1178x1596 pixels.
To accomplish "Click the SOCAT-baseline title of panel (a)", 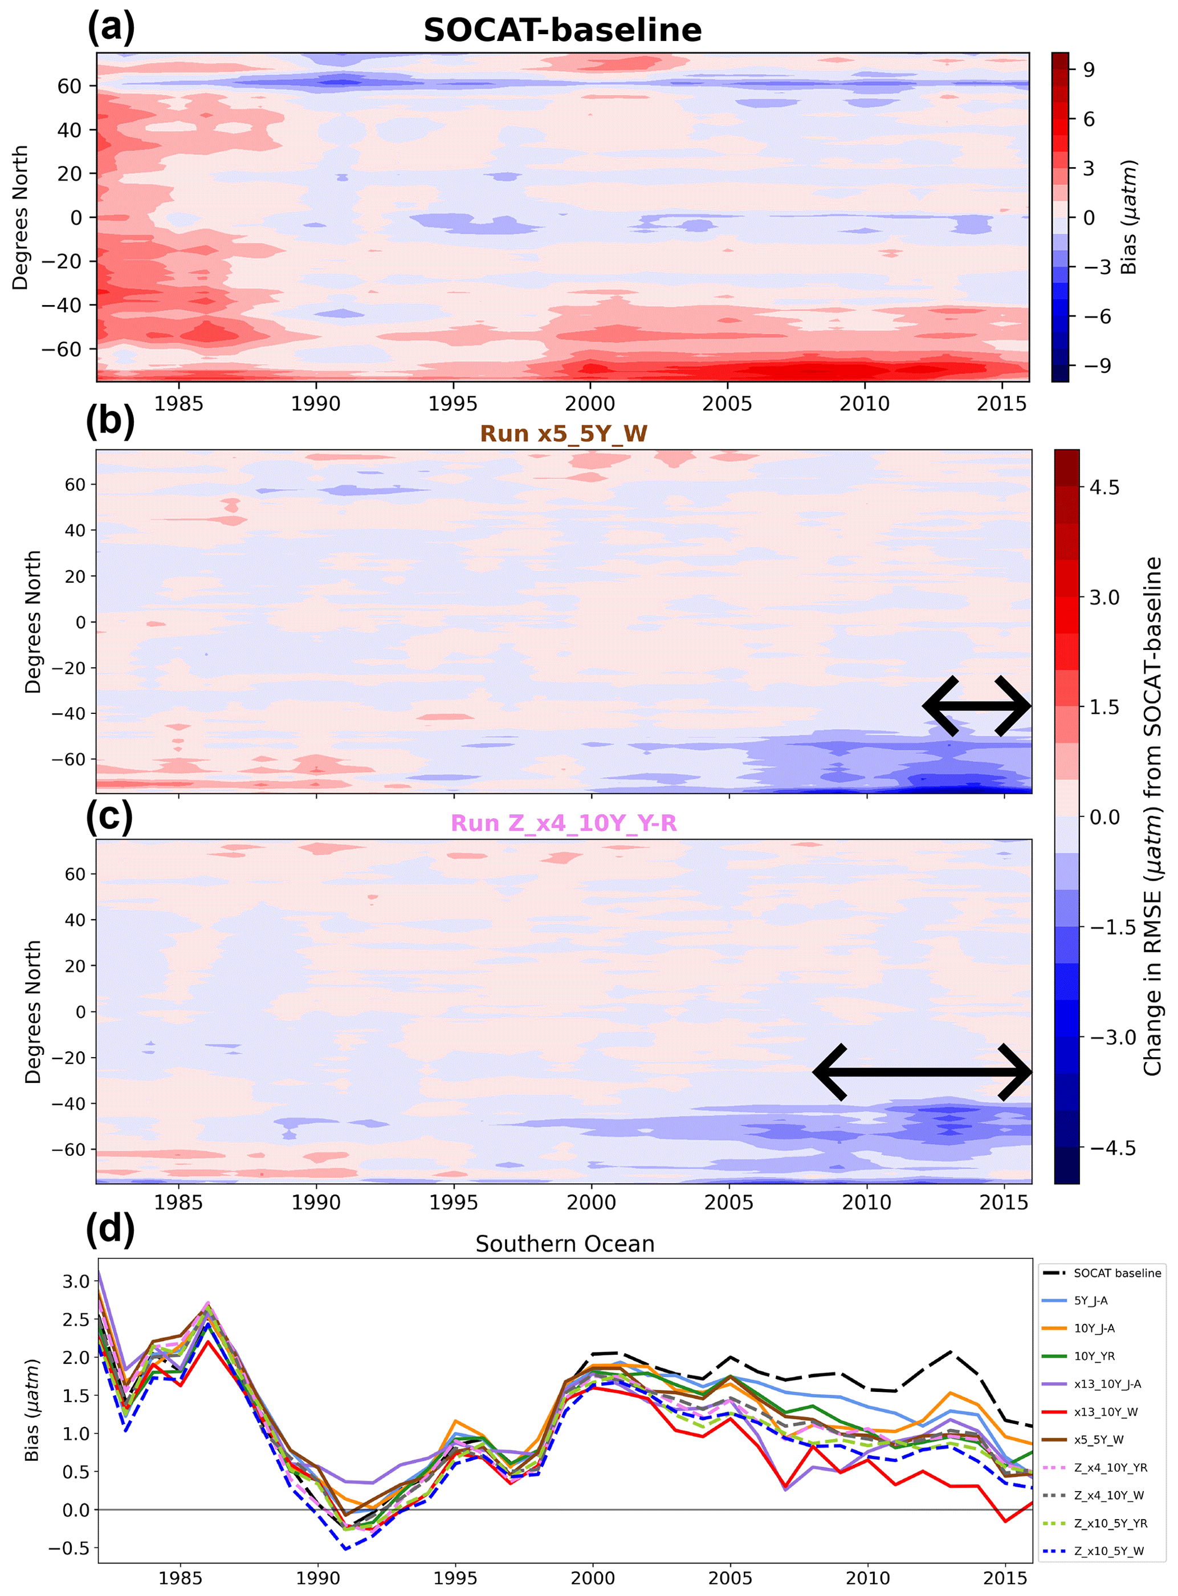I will point(562,31).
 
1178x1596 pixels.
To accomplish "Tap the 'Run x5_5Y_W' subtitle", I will point(563,434).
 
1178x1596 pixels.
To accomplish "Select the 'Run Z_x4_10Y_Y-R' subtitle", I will point(563,823).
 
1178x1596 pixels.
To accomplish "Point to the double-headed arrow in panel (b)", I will point(977,706).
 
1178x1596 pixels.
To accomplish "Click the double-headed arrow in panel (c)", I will point(922,1073).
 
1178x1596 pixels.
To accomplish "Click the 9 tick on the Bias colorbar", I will point(1088,69).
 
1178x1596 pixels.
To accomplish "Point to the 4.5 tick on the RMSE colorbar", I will point(1104,488).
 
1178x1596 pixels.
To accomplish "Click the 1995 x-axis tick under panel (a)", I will point(453,404).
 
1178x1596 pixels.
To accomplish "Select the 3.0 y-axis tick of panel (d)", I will point(76,1281).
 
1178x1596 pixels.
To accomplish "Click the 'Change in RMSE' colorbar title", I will point(1152,817).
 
